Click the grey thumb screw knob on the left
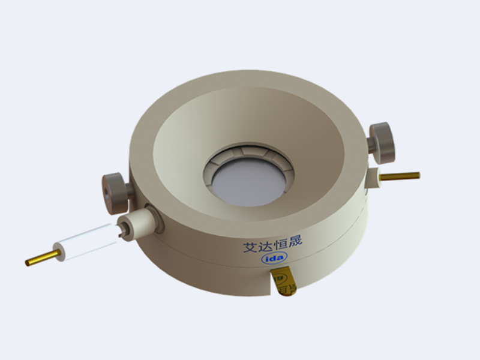point(113,193)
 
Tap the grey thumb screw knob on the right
point(383,142)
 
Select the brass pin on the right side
point(400,176)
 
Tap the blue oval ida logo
point(275,258)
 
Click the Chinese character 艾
point(250,247)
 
